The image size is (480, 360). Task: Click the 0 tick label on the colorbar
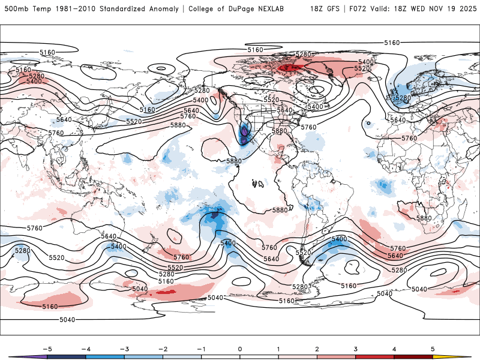pos(240,348)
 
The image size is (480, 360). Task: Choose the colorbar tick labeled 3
pos(355,348)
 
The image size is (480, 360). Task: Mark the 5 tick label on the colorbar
pos(433,348)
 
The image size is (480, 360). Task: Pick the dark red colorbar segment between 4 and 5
pos(413,357)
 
